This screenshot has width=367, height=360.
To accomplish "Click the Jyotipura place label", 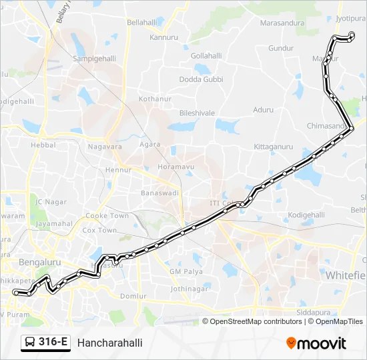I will (351, 19).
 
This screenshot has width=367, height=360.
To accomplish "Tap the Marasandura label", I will (282, 23).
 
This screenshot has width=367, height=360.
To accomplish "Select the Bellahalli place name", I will (141, 22).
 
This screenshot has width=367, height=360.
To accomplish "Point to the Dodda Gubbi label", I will (201, 79).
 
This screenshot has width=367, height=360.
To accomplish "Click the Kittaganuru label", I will (274, 146).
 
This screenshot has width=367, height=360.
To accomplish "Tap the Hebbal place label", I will (43, 145).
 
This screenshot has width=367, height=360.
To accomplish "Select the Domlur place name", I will (133, 296).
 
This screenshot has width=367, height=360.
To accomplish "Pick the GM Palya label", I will (186, 272).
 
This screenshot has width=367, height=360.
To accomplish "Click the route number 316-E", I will (53, 343).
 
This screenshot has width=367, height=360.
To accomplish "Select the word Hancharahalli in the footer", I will (109, 343).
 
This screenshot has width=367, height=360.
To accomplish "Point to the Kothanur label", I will (155, 99).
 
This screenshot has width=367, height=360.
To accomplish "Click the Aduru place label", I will (264, 109).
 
